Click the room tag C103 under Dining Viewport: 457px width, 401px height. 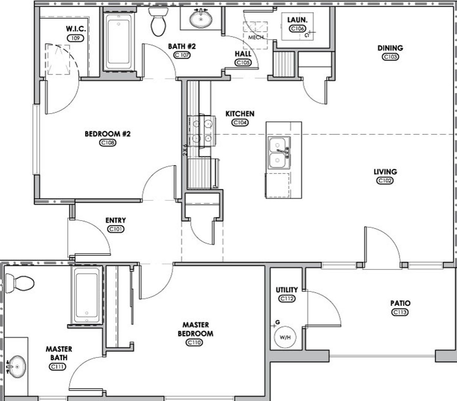390,57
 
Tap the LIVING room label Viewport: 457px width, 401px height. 385,172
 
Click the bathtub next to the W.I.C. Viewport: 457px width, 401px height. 118,41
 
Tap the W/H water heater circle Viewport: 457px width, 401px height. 284,338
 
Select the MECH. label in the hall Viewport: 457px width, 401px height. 256,38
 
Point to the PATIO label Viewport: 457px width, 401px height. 400,303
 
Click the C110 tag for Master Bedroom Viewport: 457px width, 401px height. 195,342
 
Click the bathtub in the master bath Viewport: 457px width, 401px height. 86,295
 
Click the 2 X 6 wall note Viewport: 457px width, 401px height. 185,149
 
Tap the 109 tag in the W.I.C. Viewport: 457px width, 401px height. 76,38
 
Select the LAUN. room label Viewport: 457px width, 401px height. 297,20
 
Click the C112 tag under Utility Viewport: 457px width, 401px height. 287,298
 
